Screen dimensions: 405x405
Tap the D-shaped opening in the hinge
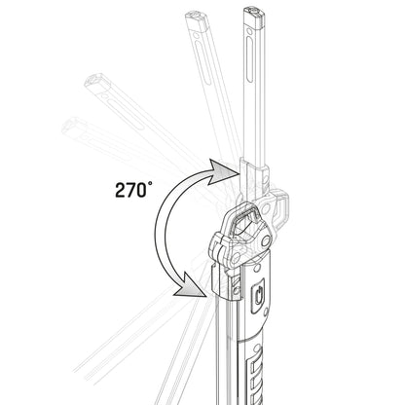tap(243, 223)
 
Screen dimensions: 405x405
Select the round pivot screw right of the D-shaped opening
tap(264, 233)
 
